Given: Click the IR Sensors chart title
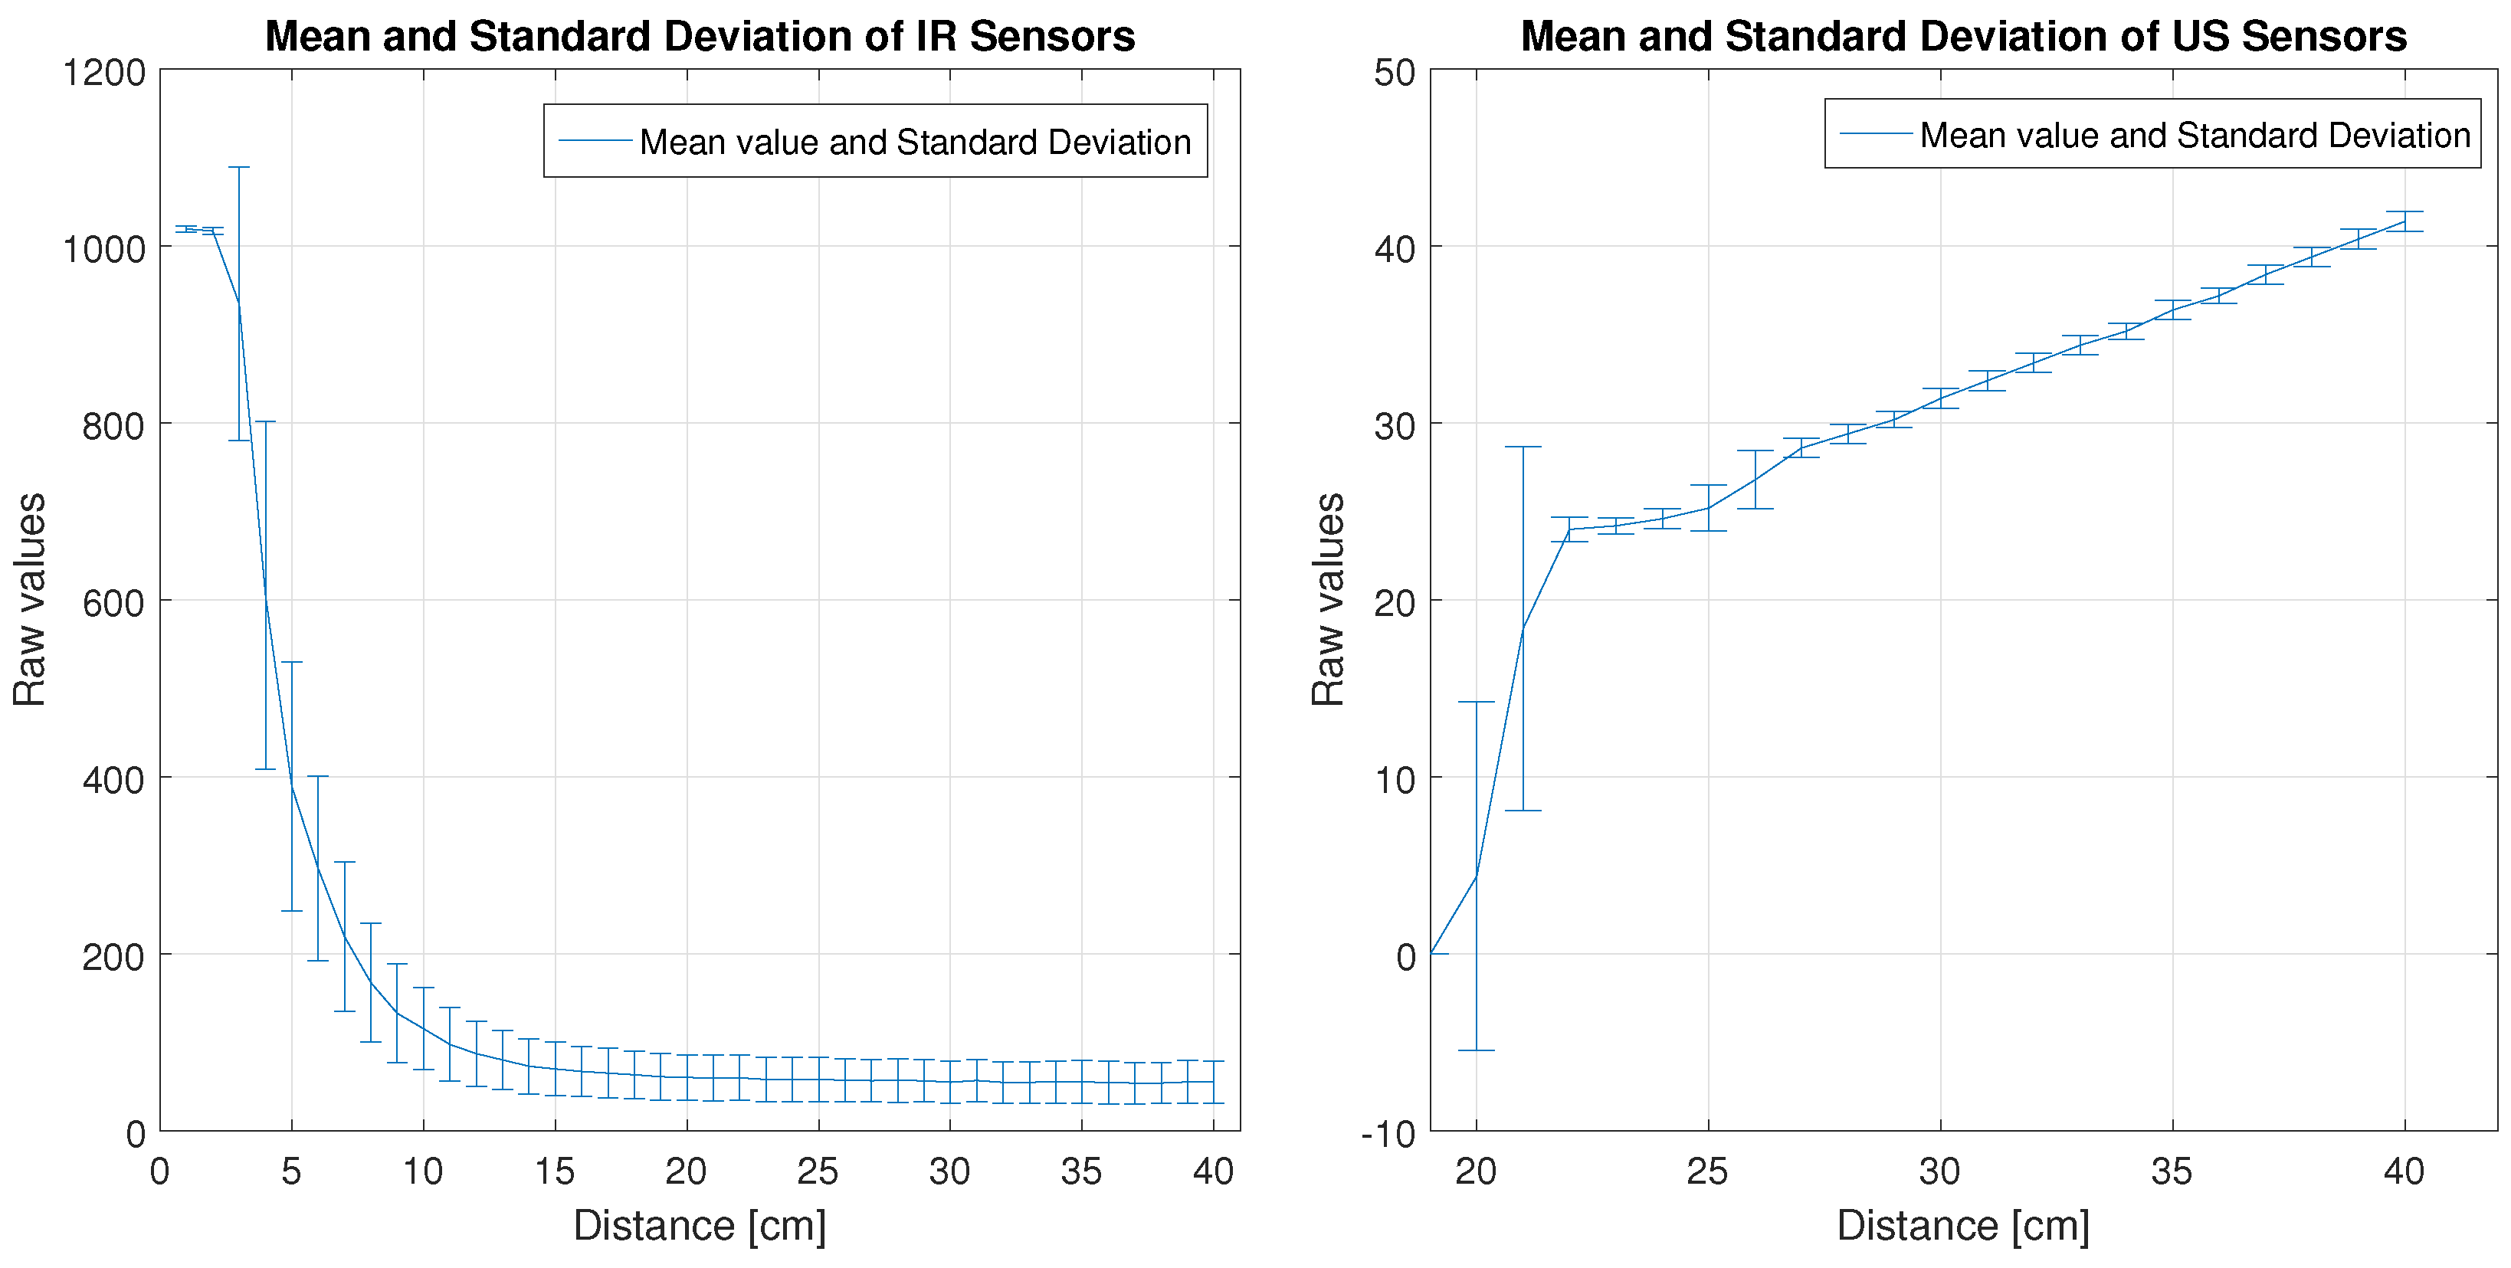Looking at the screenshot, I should click(699, 36).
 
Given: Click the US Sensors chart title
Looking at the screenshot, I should click(1963, 36).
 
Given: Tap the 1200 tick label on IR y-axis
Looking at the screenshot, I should click(103, 72).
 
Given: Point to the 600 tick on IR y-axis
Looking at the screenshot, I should click(113, 603).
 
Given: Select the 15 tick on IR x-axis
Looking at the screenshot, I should click(554, 1171).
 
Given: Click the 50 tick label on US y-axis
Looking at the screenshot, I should click(1394, 72).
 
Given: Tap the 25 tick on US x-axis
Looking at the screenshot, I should click(1706, 1171).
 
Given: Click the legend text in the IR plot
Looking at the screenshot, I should click(914, 143).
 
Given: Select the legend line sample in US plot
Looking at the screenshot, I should click(1876, 133).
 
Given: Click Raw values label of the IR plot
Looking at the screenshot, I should click(29, 598).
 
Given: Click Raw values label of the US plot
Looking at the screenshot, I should click(1328, 598).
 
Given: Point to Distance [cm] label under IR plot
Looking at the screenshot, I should click(699, 1225).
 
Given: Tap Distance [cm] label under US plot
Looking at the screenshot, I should click(1963, 1225).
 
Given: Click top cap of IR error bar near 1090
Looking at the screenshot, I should click(239, 167).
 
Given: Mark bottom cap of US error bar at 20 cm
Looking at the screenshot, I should click(1476, 1050).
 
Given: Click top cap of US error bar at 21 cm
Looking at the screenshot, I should click(1523, 447).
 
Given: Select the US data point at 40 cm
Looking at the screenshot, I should click(2404, 221).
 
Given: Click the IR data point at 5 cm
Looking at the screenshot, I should click(291, 785).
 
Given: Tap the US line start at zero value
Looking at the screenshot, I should click(1431, 953).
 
